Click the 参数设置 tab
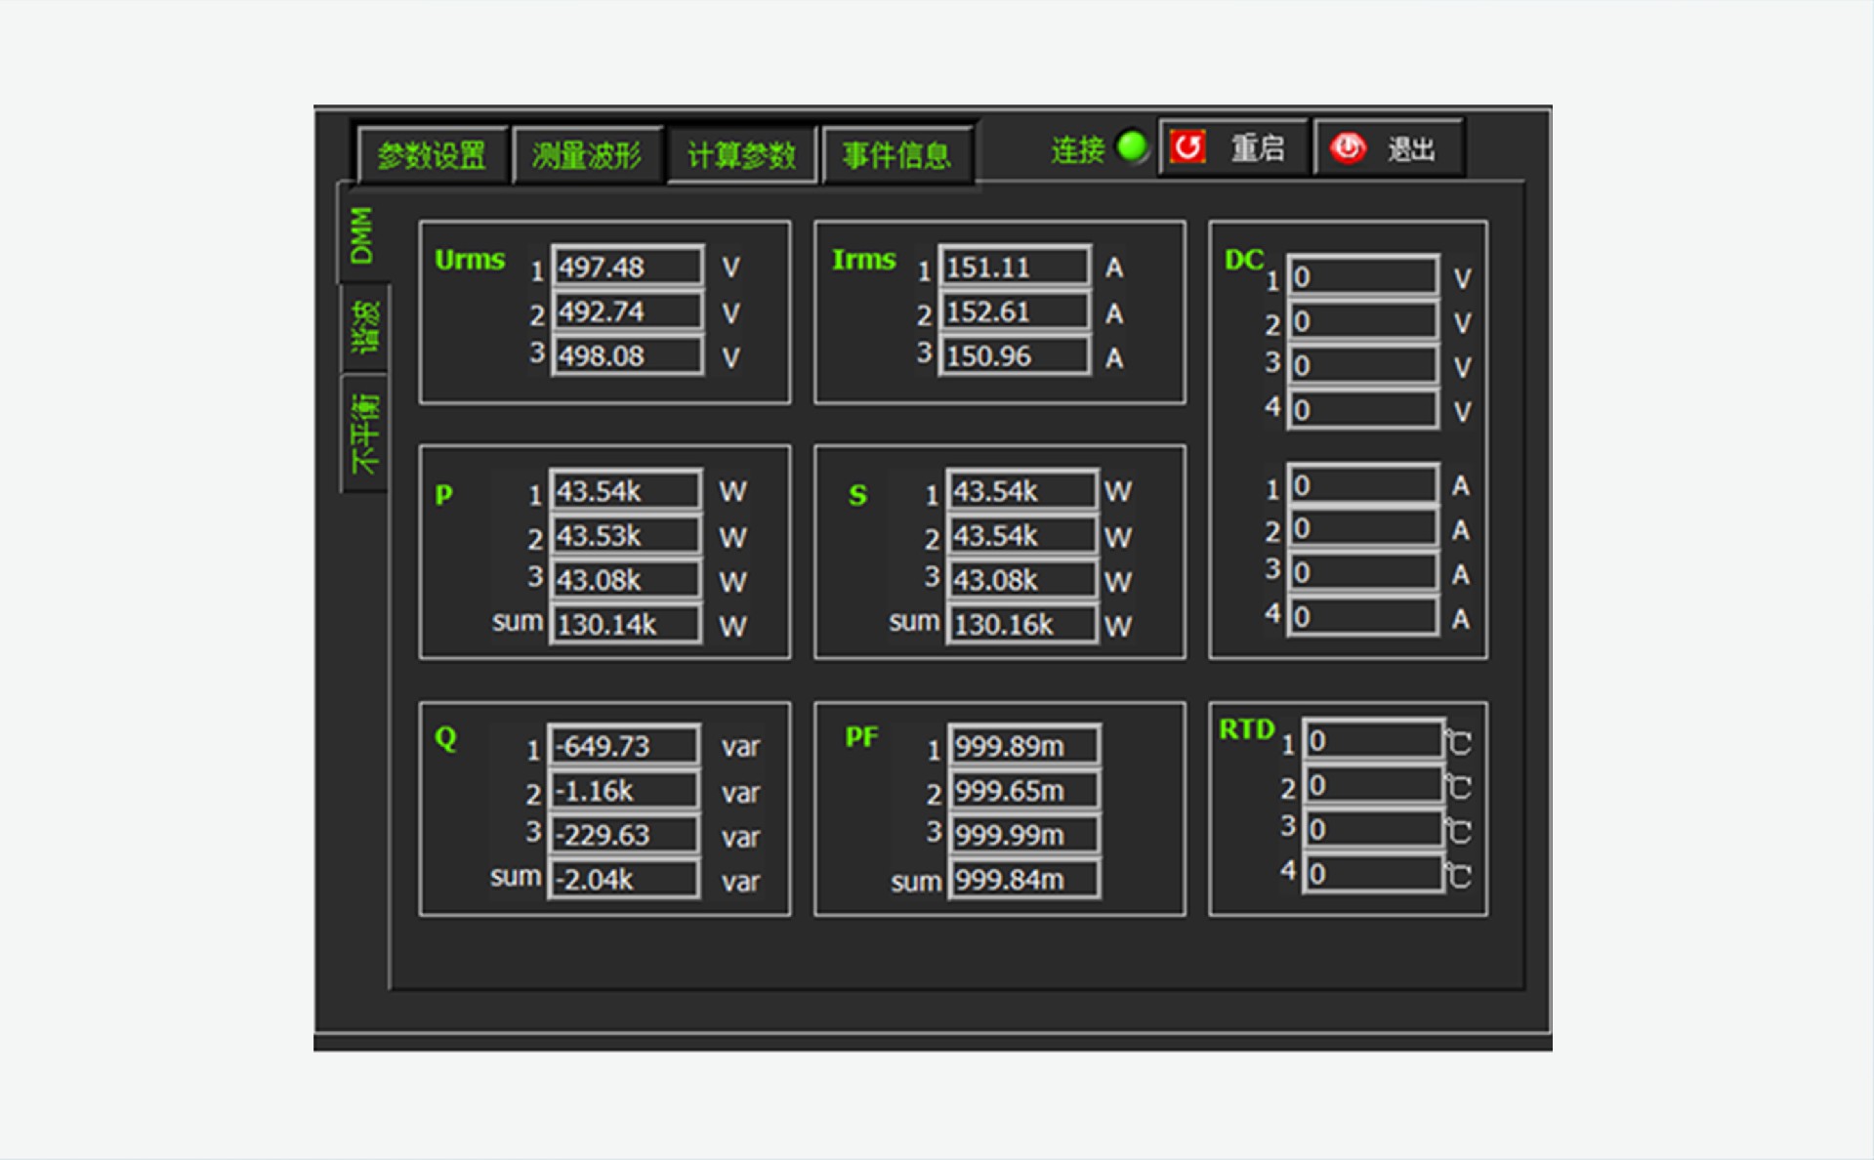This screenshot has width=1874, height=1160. click(x=432, y=154)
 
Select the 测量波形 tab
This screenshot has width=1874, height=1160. click(x=587, y=154)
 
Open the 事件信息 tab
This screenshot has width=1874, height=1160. click(x=896, y=154)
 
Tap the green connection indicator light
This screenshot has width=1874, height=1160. click(x=1132, y=147)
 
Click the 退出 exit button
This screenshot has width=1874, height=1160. click(x=1388, y=148)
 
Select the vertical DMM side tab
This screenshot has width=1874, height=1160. click(x=361, y=235)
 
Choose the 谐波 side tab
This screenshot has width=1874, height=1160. click(x=364, y=327)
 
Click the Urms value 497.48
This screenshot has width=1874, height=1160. click(x=626, y=267)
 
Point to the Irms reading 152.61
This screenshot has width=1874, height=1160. click(x=1013, y=311)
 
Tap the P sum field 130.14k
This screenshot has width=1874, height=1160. click(x=624, y=624)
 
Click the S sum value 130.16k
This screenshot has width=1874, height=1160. click(x=1020, y=624)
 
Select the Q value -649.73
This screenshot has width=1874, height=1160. click(x=623, y=746)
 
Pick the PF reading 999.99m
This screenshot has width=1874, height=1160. click(x=1022, y=835)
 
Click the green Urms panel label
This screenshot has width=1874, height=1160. click(x=470, y=260)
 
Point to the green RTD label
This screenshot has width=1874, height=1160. click(x=1246, y=729)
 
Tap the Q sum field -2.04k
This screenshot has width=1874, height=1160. click(x=623, y=879)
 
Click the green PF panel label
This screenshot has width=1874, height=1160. click(x=861, y=736)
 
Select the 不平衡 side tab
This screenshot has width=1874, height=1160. click(x=364, y=434)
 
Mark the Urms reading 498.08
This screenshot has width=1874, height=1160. click(x=626, y=355)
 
